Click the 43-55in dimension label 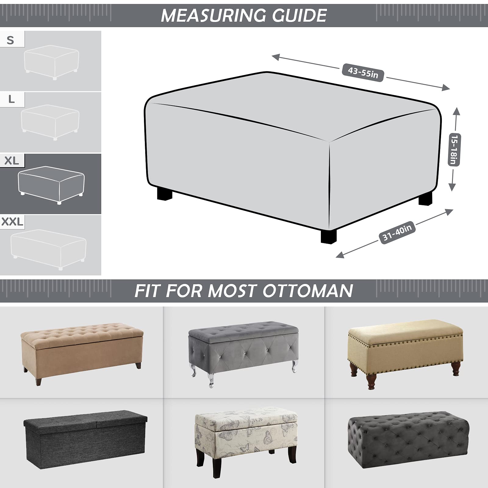pos(363,73)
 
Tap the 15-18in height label pos(454,149)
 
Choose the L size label pos(11,99)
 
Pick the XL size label pos(12,161)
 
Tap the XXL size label pos(12,222)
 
